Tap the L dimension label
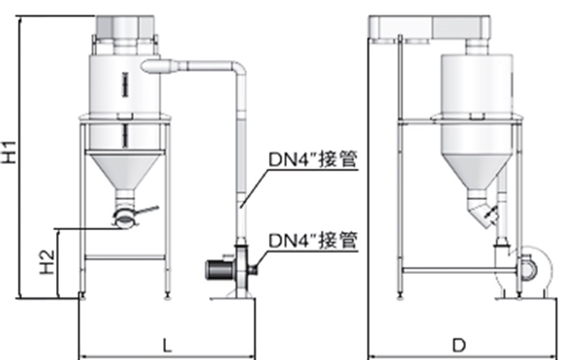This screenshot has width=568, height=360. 167,345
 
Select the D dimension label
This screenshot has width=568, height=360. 459,345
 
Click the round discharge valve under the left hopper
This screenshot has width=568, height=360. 124,216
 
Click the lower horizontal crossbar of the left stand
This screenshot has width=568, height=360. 125,258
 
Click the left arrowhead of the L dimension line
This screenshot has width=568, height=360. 82,354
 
